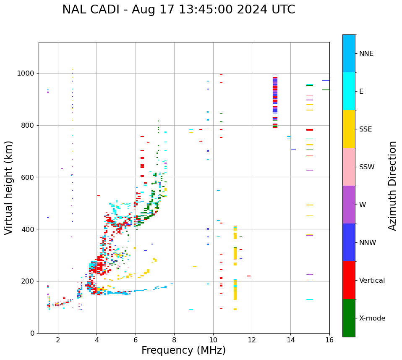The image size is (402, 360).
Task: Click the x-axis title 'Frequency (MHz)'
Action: click(x=183, y=350)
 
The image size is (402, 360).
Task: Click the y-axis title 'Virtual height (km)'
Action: click(x=9, y=187)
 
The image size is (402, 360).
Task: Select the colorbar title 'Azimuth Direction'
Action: click(x=392, y=186)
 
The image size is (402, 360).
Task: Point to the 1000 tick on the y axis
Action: click(x=27, y=73)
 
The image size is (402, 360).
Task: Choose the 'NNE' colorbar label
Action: click(x=366, y=54)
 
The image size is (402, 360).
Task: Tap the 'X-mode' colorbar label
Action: click(x=372, y=318)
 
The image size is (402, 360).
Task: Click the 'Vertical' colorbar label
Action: click(x=372, y=281)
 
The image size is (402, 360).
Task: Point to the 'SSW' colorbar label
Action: click(x=367, y=167)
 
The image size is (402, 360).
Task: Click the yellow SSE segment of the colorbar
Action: click(x=349, y=129)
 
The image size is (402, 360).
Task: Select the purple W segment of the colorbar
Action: click(x=349, y=205)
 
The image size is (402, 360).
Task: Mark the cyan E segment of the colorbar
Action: click(x=349, y=91)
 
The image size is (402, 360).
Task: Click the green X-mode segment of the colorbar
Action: click(x=349, y=318)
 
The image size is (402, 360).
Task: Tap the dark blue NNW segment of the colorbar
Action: click(x=349, y=242)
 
